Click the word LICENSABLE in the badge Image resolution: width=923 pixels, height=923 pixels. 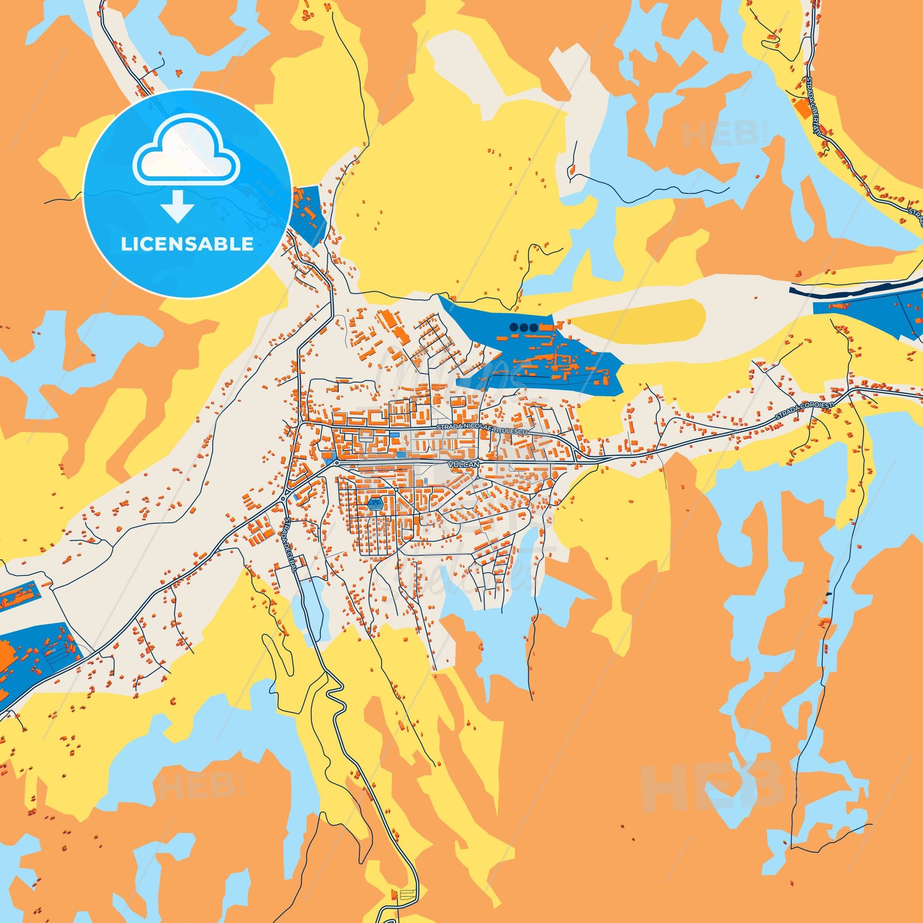[187, 231]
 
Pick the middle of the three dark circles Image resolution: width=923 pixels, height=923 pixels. [524, 327]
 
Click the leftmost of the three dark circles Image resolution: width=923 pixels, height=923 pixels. [514, 327]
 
